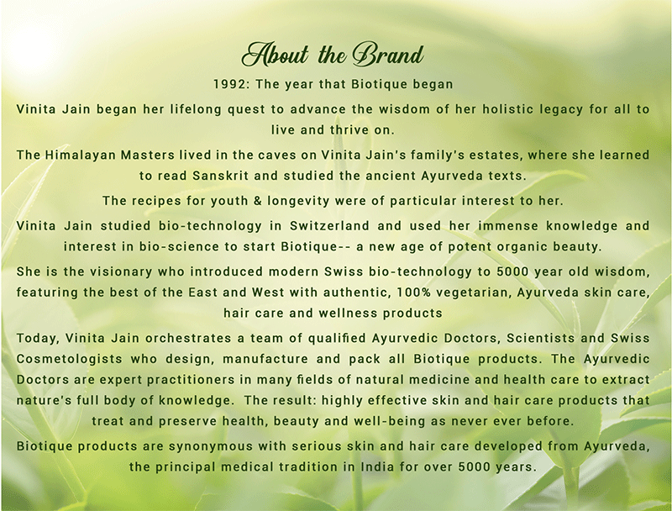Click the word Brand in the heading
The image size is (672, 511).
coord(388,55)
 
